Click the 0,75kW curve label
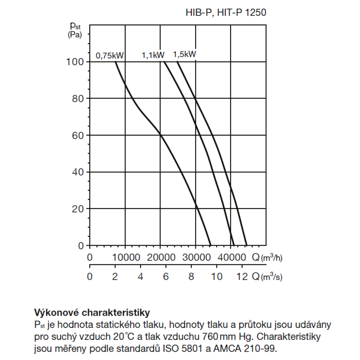110,56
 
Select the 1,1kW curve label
153,55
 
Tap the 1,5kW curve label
184,55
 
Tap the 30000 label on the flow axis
195,258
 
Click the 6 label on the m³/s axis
166,277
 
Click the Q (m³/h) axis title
267,258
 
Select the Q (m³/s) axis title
267,276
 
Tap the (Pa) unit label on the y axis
75,35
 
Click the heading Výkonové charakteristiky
92,312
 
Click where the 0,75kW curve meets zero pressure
211,245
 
